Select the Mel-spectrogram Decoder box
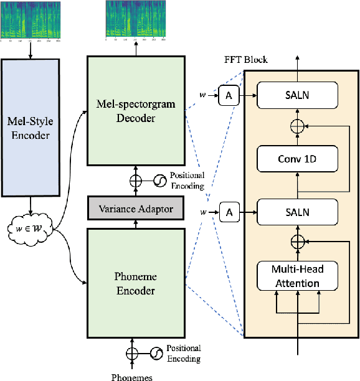click(x=136, y=111)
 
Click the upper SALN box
click(x=298, y=95)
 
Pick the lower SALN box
click(x=298, y=213)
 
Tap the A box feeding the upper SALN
click(x=229, y=95)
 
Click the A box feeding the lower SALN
click(x=229, y=213)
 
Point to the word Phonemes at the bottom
click(x=131, y=376)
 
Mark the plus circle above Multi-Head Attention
click(x=298, y=241)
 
